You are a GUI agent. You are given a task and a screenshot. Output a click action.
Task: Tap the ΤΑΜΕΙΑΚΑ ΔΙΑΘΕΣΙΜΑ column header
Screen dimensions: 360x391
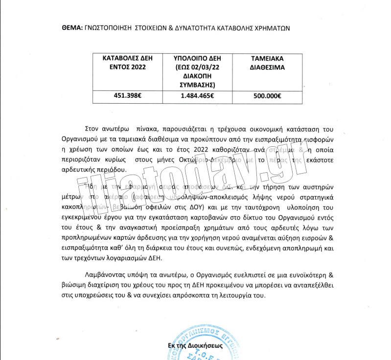click(267, 62)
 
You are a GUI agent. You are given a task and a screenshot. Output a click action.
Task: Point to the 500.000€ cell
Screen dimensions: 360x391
click(267, 96)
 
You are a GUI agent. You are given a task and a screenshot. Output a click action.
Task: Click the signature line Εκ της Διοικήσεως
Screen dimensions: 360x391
click(195, 345)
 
